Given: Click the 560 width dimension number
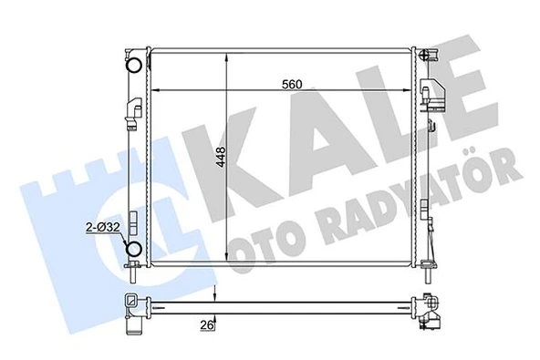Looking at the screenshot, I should tap(291, 85).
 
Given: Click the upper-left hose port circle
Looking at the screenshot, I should tap(134, 65).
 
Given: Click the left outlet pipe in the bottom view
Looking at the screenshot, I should tap(135, 315).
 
